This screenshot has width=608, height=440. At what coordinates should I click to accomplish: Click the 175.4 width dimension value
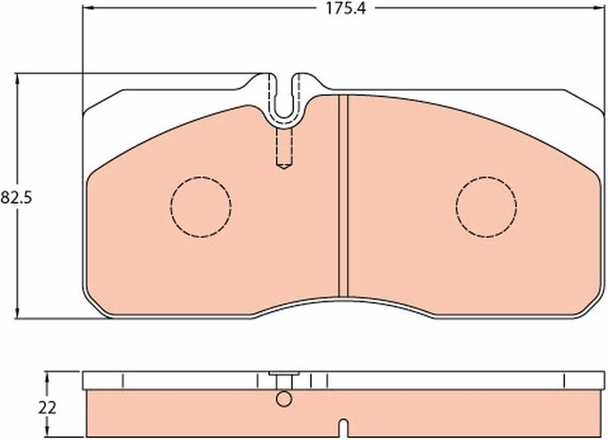[x=345, y=8]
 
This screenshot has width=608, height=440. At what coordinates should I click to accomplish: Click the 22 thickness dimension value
[x=47, y=408]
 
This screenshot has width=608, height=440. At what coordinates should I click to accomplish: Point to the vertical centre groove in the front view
[x=344, y=196]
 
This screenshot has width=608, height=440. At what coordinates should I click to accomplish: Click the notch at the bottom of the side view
[x=344, y=429]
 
